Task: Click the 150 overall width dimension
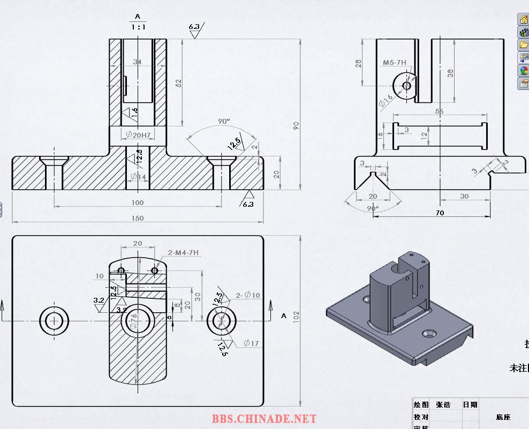138,218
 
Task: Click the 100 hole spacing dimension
138,202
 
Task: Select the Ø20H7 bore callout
138,135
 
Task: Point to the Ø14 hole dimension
138,176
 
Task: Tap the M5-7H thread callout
395,63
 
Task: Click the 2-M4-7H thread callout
183,252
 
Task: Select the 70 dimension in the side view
440,213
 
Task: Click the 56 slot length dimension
440,111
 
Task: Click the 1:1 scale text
138,26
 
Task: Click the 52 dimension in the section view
179,84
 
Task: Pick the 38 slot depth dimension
451,73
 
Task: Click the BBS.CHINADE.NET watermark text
264,419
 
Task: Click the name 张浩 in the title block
443,405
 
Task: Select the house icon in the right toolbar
523,19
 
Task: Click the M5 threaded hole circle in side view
406,85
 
